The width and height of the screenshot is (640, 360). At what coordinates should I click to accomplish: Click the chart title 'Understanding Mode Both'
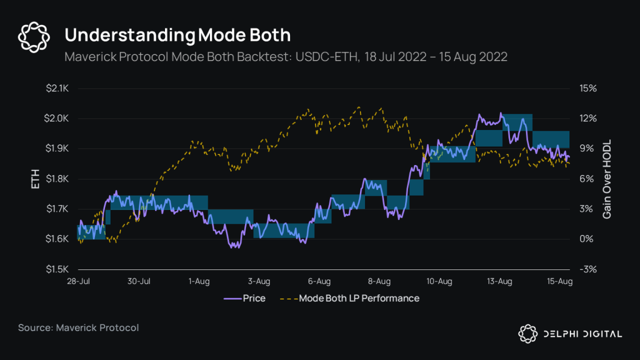(177, 35)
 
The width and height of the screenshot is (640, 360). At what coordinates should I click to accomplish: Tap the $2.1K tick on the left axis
(56, 88)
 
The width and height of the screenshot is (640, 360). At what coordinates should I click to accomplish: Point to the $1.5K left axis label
(56, 269)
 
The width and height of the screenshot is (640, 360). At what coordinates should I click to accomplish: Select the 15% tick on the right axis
(587, 88)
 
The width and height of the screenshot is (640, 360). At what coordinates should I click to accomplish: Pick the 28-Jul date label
(78, 282)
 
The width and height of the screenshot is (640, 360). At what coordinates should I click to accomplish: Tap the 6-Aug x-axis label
(319, 282)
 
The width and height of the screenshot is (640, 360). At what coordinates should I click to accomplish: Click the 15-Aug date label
(560, 282)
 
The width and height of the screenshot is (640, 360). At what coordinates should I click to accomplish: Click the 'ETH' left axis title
(36, 179)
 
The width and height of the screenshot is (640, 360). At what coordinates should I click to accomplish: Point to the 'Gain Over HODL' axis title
(607, 179)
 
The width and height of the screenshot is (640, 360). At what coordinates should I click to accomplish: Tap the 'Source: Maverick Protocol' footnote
(78, 328)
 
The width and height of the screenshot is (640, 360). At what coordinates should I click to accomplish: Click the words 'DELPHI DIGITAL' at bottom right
(583, 334)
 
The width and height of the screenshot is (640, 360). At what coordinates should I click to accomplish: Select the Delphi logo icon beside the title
(34, 37)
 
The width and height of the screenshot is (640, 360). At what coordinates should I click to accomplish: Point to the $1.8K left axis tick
(56, 179)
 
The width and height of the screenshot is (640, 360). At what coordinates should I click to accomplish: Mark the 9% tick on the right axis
(587, 148)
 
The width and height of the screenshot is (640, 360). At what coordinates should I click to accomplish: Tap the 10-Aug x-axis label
(439, 282)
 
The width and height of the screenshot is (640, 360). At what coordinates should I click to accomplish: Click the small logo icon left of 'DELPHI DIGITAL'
(528, 333)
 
